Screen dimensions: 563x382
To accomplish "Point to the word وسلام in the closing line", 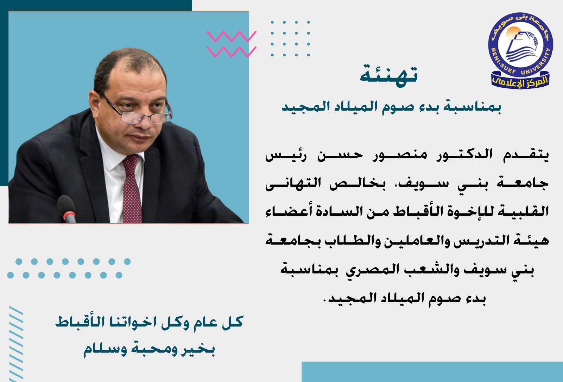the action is pyautogui.click(x=105, y=350).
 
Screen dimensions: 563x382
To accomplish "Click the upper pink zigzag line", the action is pyautogui.click(x=232, y=37).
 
